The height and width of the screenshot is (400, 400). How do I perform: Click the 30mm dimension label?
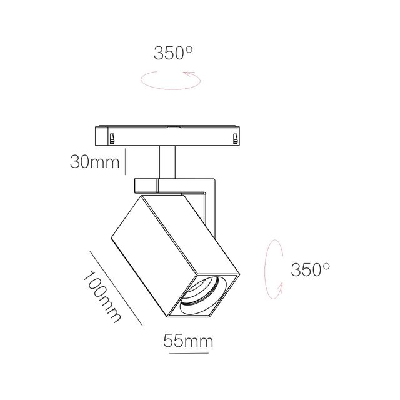click(94, 162)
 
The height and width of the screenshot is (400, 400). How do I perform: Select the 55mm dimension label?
click(188, 341)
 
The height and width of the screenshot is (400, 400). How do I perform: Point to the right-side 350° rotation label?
click(310, 270)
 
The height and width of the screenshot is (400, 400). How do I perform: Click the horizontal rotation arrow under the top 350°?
click(169, 79)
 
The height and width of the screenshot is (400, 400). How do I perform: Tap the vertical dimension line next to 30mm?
click(127, 161)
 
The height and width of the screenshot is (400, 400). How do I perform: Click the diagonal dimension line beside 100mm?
click(117, 288)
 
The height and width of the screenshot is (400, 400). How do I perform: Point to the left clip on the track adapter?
click(111, 137)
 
